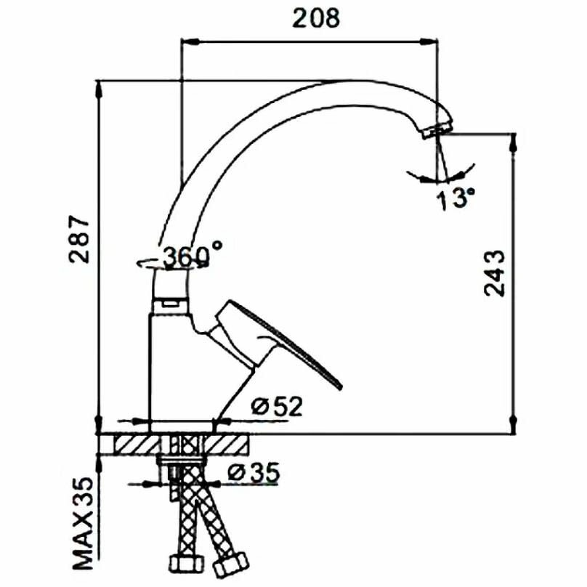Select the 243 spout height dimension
493,272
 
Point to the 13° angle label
456,198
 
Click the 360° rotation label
192,256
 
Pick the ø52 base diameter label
277,406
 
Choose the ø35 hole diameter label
254,473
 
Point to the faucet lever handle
283,341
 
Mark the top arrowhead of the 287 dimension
100,89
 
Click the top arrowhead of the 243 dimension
514,142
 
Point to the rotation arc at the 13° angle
440,177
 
